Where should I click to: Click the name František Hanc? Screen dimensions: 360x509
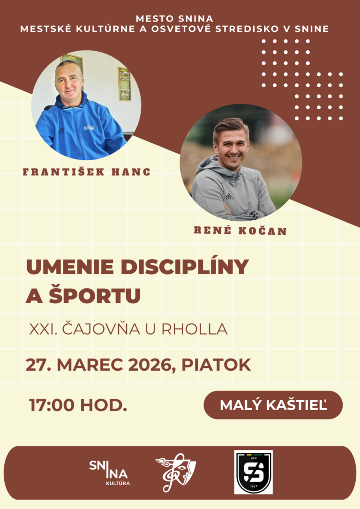(x=86, y=172)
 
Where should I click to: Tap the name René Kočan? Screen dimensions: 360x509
(x=240, y=231)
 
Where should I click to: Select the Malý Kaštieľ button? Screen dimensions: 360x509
(x=273, y=405)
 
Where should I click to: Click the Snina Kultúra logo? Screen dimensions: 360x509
(x=109, y=472)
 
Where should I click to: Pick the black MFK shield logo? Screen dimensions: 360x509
(x=253, y=472)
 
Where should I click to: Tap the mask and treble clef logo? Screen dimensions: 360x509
(x=176, y=472)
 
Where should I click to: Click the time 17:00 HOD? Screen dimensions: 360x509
(x=78, y=405)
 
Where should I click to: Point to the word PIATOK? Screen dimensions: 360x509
(x=216, y=365)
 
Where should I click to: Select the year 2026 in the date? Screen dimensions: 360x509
(x=150, y=365)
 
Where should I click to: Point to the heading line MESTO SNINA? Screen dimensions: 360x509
(x=174, y=18)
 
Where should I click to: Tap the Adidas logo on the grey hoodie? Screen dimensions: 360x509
(x=230, y=196)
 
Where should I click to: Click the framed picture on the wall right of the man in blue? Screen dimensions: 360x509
(x=124, y=84)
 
